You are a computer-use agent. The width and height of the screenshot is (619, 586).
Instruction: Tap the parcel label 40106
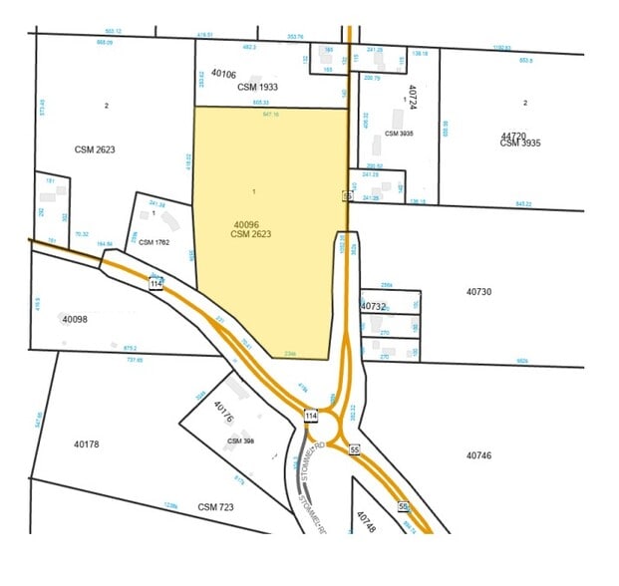pyautogui.click(x=223, y=74)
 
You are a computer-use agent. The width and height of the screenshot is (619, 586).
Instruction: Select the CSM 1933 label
pyautogui.click(x=257, y=87)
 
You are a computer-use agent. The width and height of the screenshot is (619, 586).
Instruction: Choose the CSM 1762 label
pyautogui.click(x=155, y=242)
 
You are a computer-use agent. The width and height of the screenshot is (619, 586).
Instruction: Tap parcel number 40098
pyautogui.click(x=76, y=319)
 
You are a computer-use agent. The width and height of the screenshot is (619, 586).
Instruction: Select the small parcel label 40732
pyautogui.click(x=373, y=306)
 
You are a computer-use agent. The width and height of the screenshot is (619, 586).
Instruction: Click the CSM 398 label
pyautogui.click(x=241, y=439)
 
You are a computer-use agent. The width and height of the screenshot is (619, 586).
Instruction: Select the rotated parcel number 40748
pyautogui.click(x=366, y=523)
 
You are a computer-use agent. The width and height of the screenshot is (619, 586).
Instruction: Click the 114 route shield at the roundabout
pyautogui.click(x=311, y=416)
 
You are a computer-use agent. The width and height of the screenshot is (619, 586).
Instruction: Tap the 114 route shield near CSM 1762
pyautogui.click(x=155, y=284)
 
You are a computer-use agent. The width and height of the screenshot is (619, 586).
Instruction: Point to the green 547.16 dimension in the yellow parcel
pyautogui.click(x=270, y=115)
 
